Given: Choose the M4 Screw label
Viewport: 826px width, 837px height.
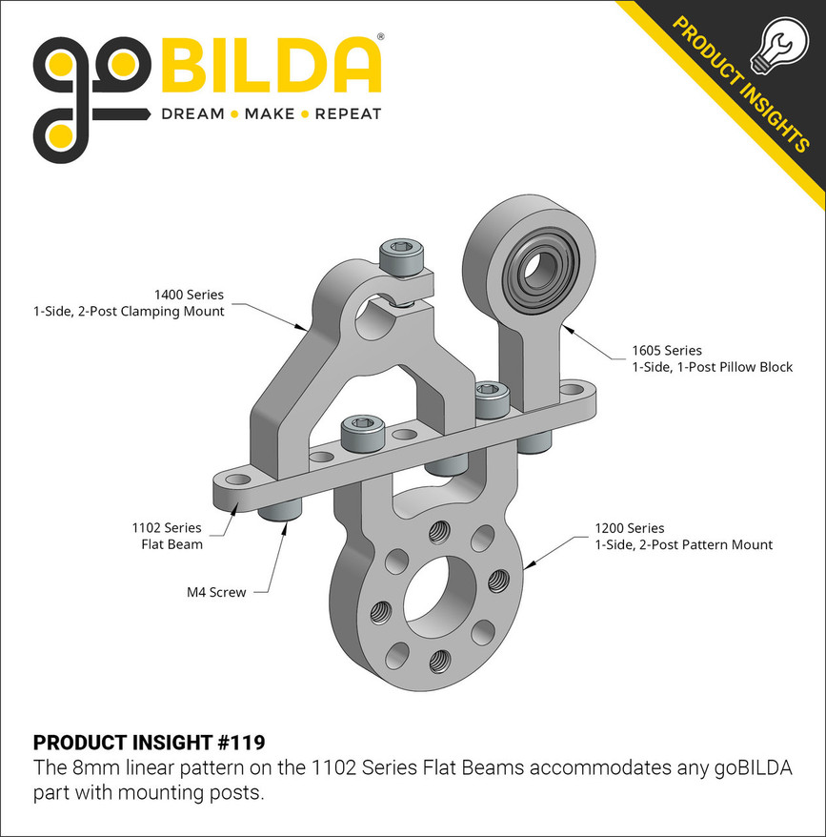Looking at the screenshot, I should (216, 592).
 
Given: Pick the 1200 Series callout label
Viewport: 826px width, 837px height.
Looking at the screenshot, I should (683, 536).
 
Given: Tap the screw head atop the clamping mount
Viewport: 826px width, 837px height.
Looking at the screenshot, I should (400, 255).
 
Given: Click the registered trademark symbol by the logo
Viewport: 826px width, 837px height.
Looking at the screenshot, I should (381, 38).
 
